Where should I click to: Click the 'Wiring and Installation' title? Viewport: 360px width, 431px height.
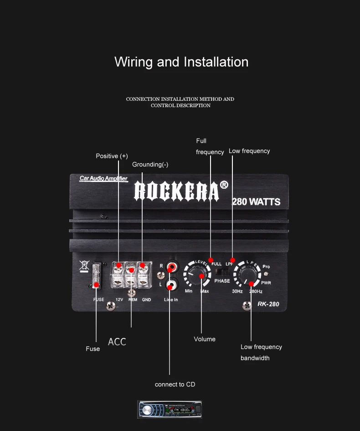coord(181,62)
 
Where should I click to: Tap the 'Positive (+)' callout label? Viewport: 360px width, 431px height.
coord(112,156)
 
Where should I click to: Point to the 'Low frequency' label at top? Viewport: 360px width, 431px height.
coord(249,151)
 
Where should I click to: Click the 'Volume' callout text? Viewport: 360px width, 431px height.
coord(205,339)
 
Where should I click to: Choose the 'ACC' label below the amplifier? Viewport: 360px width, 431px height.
coord(117,342)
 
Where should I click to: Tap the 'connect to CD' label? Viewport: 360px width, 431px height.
coord(175,384)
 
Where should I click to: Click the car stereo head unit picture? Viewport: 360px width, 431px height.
coord(170,409)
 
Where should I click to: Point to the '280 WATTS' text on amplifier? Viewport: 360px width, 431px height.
coord(256,202)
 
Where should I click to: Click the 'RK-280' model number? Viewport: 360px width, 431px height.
coord(268,304)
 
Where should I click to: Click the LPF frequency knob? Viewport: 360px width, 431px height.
coord(247,276)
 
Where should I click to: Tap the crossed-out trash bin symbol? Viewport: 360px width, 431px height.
coord(83,266)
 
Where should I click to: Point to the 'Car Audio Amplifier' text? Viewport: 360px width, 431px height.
coord(103,178)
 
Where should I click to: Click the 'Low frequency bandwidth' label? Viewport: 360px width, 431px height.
coord(261,352)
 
